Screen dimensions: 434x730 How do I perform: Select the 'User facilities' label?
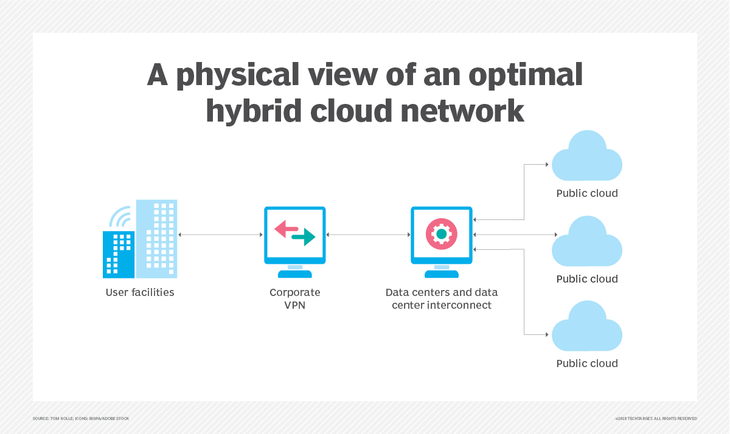[140, 292]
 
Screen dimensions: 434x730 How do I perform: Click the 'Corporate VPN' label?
[295, 298]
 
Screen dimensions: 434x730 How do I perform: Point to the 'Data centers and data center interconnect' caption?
[442, 298]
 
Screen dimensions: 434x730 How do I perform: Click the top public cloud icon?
[586, 157]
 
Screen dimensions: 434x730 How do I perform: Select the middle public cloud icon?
[586, 243]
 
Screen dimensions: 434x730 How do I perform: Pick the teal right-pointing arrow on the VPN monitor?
[304, 237]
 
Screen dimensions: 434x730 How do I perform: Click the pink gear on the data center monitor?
[442, 234]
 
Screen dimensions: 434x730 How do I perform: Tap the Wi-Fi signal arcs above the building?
[120, 216]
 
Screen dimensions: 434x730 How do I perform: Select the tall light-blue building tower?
[157, 237]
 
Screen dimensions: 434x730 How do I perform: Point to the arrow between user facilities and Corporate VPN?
[220, 234]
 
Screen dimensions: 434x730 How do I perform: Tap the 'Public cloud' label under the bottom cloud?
[587, 363]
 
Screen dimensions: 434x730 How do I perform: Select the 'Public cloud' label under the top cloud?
[587, 193]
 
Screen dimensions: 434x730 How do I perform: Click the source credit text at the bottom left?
[81, 418]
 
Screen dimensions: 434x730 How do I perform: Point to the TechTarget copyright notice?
[656, 418]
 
